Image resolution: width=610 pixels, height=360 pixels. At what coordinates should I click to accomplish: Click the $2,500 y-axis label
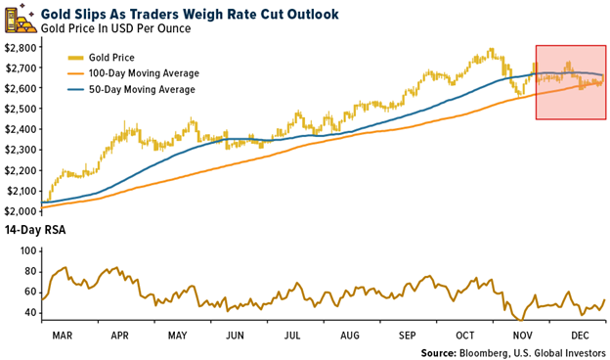coord(21,109)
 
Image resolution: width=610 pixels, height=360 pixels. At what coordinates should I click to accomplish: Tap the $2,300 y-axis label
coord(21,149)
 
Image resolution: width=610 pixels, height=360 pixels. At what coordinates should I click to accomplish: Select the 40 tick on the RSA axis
coord(27,312)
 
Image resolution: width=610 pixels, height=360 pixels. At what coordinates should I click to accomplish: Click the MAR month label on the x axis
coord(63,334)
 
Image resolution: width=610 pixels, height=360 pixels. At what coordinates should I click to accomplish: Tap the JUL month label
coord(292,334)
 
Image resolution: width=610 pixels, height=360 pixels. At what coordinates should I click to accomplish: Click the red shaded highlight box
coord(570,82)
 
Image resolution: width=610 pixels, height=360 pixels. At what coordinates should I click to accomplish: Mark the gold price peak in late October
coord(489,50)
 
